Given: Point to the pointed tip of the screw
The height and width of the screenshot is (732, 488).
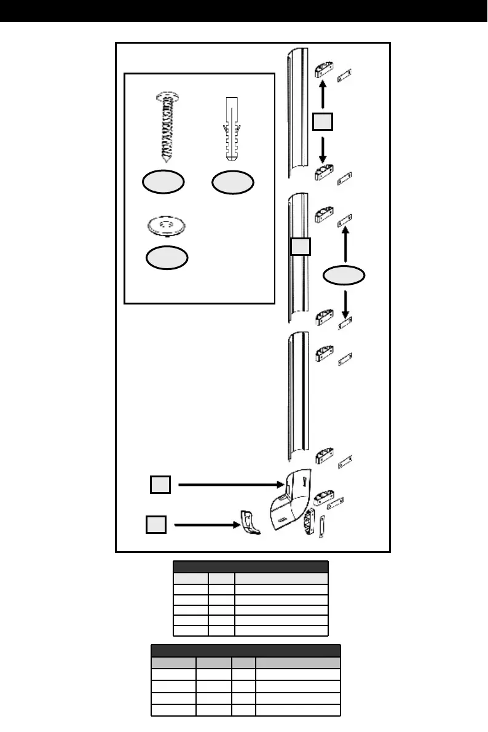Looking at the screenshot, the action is tap(164, 159).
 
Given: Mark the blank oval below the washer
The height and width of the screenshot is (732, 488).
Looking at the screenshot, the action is tap(167, 258).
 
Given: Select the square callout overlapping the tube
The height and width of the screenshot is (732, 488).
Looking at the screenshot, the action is tap(301, 247).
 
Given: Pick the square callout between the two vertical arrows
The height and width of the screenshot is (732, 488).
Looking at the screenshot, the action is tap(322, 122).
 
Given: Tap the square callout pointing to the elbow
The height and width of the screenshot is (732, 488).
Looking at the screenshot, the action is tap(160, 485).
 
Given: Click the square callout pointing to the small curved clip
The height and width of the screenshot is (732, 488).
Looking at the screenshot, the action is tap(155, 525).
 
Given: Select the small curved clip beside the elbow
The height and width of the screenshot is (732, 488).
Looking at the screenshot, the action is tap(249, 522).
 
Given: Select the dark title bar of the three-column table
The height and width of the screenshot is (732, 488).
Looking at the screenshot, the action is tap(251, 567).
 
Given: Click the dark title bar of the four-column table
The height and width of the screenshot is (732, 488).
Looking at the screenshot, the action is tap(246, 651).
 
